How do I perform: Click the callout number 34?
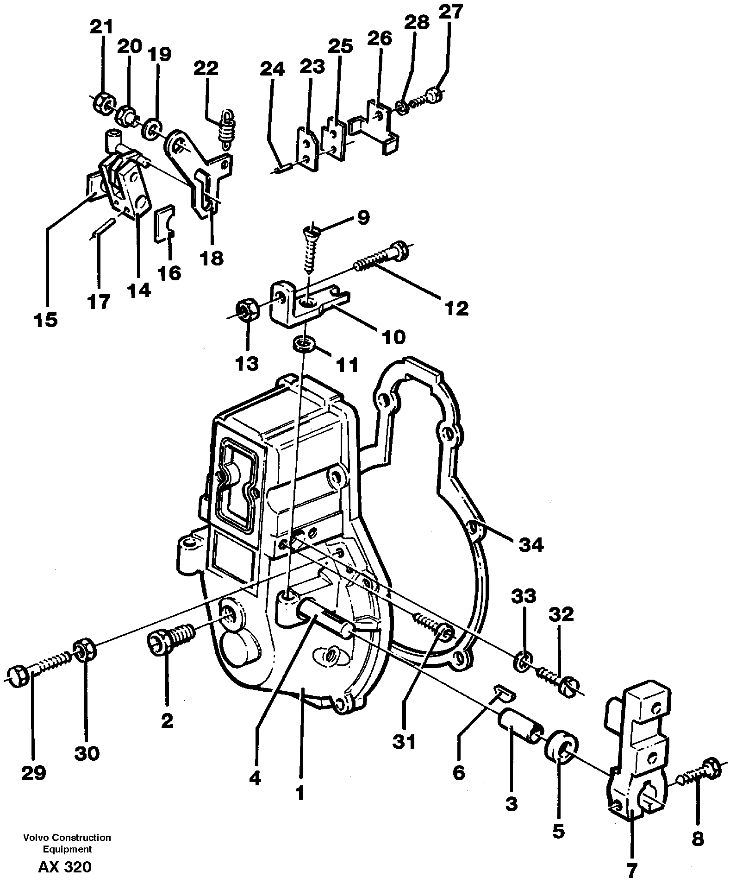pos(530,545)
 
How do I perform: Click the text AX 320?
pos(65,867)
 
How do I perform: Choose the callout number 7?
pos(631,871)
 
